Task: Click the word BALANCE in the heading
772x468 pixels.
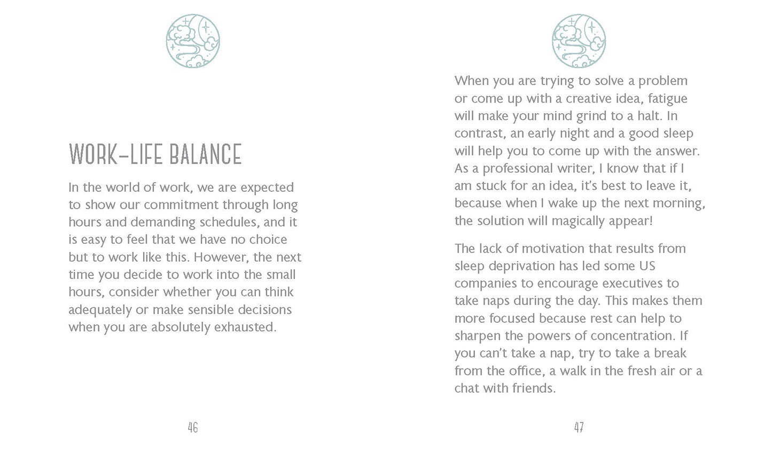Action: point(206,154)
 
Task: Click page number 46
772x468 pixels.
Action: point(193,427)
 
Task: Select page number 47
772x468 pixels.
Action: point(579,427)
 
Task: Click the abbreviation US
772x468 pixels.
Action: point(647,266)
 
